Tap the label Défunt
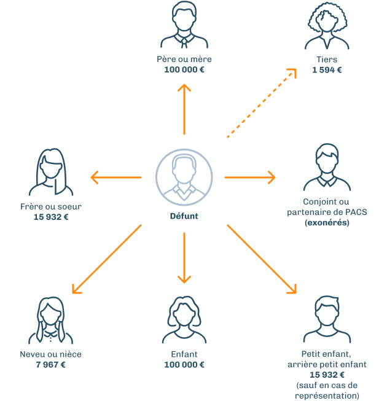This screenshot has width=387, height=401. click(184, 216)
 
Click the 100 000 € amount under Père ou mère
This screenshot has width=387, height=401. click(184, 69)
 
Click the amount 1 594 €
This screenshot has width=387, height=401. click(327, 69)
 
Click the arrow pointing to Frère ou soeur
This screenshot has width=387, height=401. click(116, 178)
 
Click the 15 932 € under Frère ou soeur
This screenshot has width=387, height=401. click(51, 217)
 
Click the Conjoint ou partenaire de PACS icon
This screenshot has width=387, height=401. click(327, 168)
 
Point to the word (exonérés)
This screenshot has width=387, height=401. click(327, 222)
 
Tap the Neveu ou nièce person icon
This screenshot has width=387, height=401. click(50, 321)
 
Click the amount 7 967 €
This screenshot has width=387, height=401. click(50, 365)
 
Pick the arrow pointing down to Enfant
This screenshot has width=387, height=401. click(184, 257)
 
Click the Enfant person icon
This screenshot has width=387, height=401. click(184, 321)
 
